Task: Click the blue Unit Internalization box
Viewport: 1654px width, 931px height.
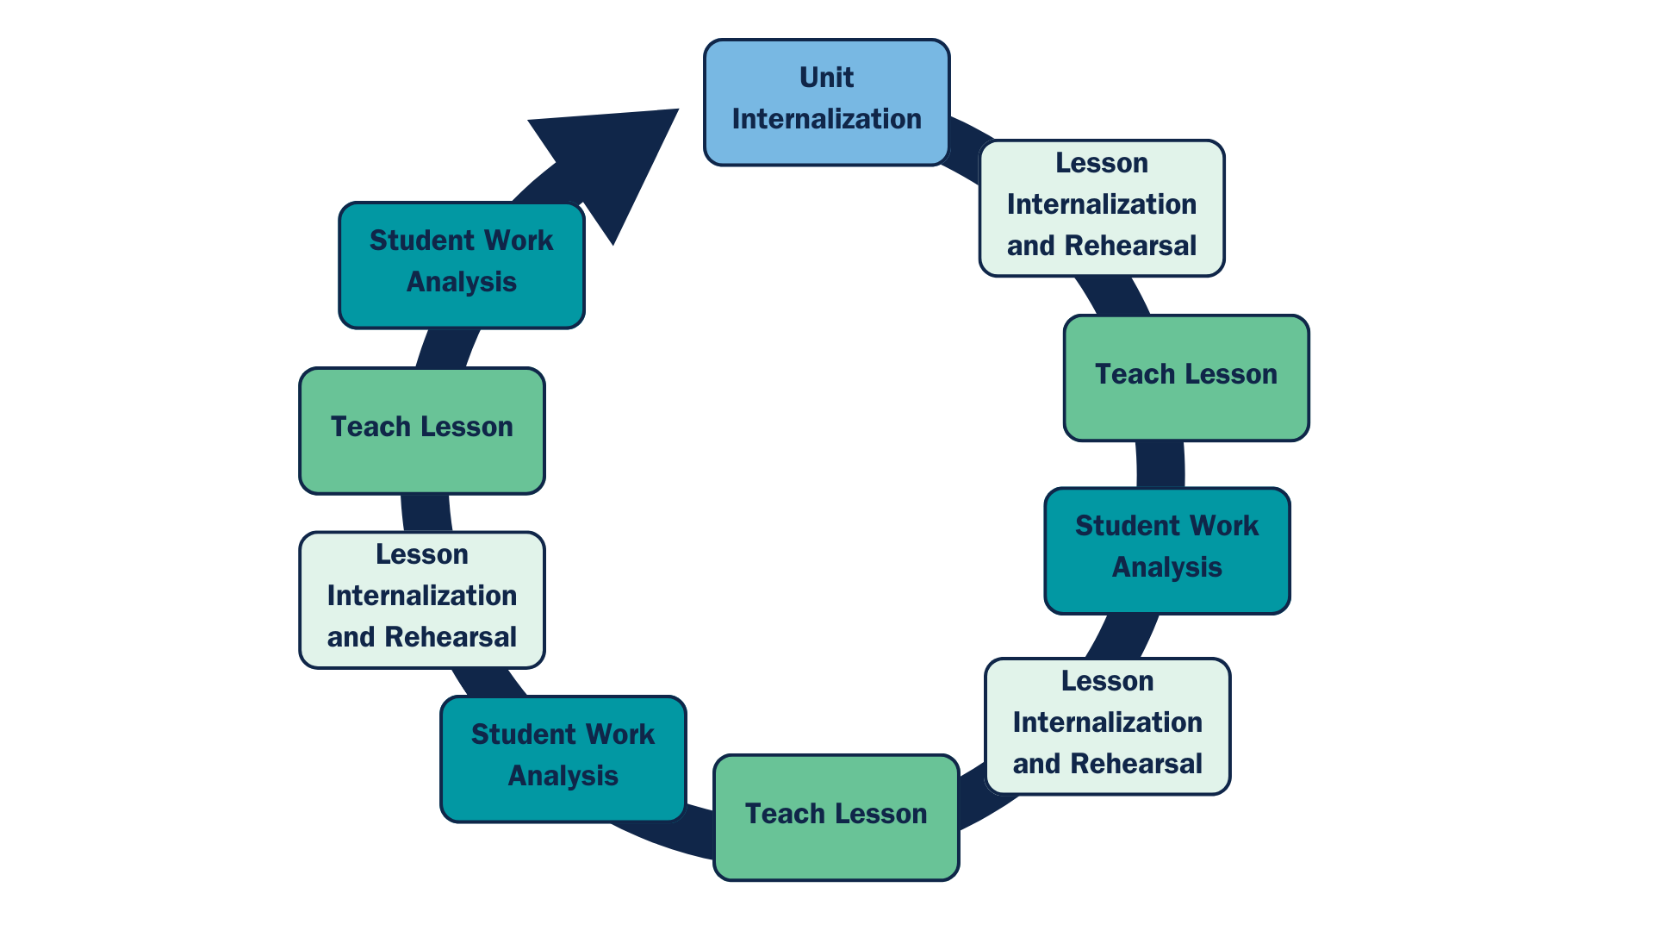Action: coord(826,102)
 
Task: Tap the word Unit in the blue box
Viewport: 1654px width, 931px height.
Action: coord(826,78)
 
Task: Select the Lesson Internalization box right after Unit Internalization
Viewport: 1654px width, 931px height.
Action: coord(1102,208)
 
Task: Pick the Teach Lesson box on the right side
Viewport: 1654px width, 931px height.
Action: coord(1186,378)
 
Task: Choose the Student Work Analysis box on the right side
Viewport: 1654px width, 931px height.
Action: coord(1167,551)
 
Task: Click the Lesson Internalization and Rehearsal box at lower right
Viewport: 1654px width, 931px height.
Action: coord(1107,726)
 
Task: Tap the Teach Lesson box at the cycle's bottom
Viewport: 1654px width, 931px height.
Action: coord(836,817)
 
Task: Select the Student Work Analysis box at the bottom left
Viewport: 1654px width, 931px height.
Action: coord(563,759)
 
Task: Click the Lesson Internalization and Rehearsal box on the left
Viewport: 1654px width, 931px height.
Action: coord(422,599)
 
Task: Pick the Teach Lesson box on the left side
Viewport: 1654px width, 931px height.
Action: coord(422,431)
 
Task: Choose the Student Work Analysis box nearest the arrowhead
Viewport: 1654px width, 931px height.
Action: coord(462,266)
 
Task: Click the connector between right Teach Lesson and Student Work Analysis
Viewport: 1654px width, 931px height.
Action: coord(1160,465)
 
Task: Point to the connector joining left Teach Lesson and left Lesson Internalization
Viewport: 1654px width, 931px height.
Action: coord(426,513)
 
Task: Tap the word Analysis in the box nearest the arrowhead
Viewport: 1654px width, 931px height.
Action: coord(462,282)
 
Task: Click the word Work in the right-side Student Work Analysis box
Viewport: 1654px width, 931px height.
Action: coord(1226,526)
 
